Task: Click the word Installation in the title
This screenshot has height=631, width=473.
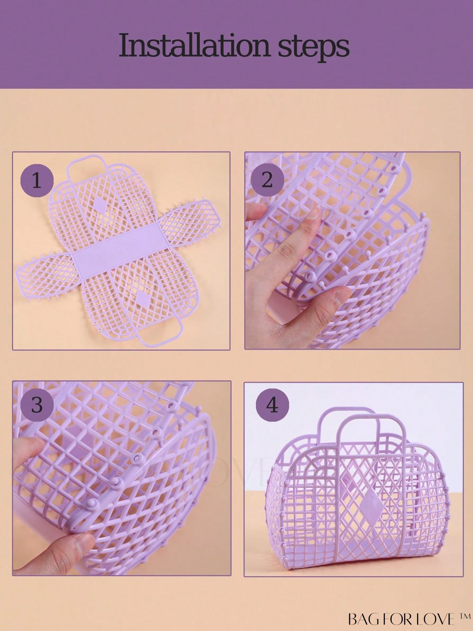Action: tap(194, 46)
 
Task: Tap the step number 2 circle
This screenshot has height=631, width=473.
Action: tap(267, 180)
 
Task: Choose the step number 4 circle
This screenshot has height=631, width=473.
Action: tap(273, 406)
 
